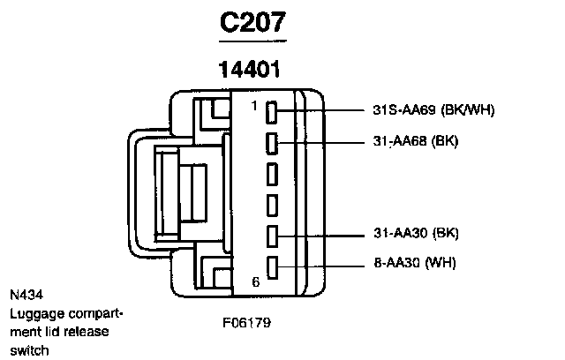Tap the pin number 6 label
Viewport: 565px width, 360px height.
(x=255, y=282)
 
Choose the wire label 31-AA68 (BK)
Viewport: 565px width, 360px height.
(x=414, y=140)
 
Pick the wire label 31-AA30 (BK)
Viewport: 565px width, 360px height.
(x=414, y=234)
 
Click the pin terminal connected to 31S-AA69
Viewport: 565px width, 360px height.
(x=273, y=111)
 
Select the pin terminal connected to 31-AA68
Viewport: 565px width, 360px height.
(x=273, y=141)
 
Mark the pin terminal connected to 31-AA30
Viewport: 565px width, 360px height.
(x=273, y=235)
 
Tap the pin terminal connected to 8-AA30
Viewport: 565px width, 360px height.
(x=273, y=264)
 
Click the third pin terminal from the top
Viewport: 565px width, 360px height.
(x=273, y=172)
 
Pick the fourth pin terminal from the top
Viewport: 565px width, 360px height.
(x=273, y=204)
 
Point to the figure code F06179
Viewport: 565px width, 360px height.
(x=246, y=322)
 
